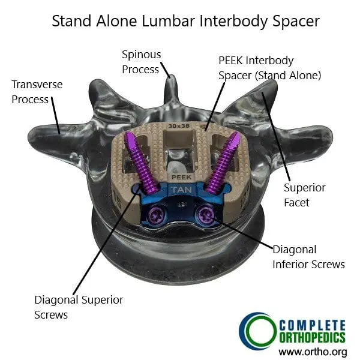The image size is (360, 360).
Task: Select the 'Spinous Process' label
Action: click(141, 62)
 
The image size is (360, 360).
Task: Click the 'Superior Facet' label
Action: click(305, 195)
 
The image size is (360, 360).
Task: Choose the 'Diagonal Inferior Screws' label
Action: click(308, 256)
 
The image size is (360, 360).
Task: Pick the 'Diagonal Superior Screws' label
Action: click(79, 307)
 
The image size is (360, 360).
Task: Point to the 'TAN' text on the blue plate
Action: click(179, 190)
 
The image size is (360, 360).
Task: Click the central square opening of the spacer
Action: click(179, 151)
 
